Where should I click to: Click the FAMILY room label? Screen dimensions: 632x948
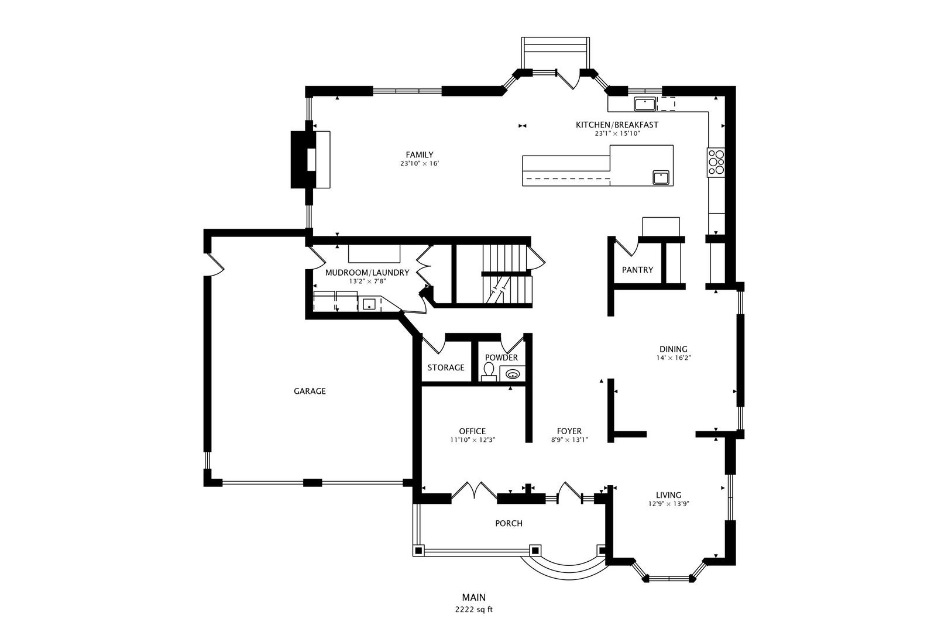(x=419, y=154)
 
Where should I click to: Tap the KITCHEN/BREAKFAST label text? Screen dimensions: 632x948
(x=617, y=125)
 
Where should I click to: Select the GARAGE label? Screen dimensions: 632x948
(x=310, y=391)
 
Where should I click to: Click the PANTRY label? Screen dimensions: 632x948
(x=637, y=270)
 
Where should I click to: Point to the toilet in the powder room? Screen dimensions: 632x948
(x=489, y=372)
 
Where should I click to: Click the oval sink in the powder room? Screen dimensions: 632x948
(x=513, y=373)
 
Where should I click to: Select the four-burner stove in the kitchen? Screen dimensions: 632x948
(x=716, y=162)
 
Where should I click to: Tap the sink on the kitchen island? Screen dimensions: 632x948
(x=661, y=177)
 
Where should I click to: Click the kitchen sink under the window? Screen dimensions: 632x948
(x=645, y=105)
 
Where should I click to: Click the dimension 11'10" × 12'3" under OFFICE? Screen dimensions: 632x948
(x=472, y=440)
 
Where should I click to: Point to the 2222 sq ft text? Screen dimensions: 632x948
(x=473, y=609)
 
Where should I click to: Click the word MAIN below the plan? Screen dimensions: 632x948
(x=473, y=597)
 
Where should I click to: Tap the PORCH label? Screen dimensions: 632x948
(x=509, y=523)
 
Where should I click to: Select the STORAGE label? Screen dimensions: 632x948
(x=445, y=367)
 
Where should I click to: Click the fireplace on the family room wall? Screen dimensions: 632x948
(x=310, y=159)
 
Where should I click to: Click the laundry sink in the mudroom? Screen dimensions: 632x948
(x=369, y=304)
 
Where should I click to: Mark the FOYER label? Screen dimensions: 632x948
(x=569, y=431)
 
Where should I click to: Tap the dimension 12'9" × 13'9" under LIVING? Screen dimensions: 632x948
(x=668, y=504)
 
